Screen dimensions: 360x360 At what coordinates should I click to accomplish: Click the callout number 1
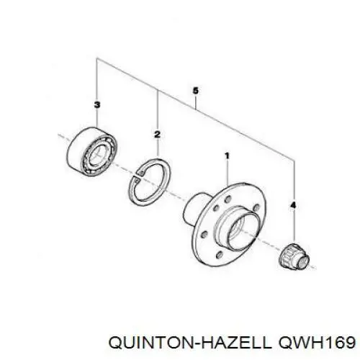[x=227, y=156]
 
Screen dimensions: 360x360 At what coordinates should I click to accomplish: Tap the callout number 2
[x=157, y=135]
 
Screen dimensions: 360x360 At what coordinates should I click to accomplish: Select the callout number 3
[x=96, y=105]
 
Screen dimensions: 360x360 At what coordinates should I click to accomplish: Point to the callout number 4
[x=293, y=205]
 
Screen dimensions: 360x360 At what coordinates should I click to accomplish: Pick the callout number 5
[x=196, y=91]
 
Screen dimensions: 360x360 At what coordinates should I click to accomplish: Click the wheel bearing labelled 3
[x=92, y=151]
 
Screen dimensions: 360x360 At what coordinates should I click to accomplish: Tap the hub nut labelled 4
[x=295, y=256]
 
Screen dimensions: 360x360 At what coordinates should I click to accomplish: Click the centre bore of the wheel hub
[x=242, y=230]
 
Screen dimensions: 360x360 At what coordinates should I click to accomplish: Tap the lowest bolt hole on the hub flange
[x=219, y=255]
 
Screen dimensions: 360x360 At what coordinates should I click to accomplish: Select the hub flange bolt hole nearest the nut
[x=256, y=208]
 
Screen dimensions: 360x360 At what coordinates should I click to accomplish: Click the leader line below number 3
[x=97, y=118]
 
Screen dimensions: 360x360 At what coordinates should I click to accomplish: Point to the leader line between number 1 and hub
[x=227, y=173]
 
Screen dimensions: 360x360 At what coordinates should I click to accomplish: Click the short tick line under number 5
[x=196, y=102]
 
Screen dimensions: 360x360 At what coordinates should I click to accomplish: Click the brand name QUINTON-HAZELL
[x=189, y=343]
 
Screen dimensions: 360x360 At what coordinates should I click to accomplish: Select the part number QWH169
[x=316, y=343]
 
